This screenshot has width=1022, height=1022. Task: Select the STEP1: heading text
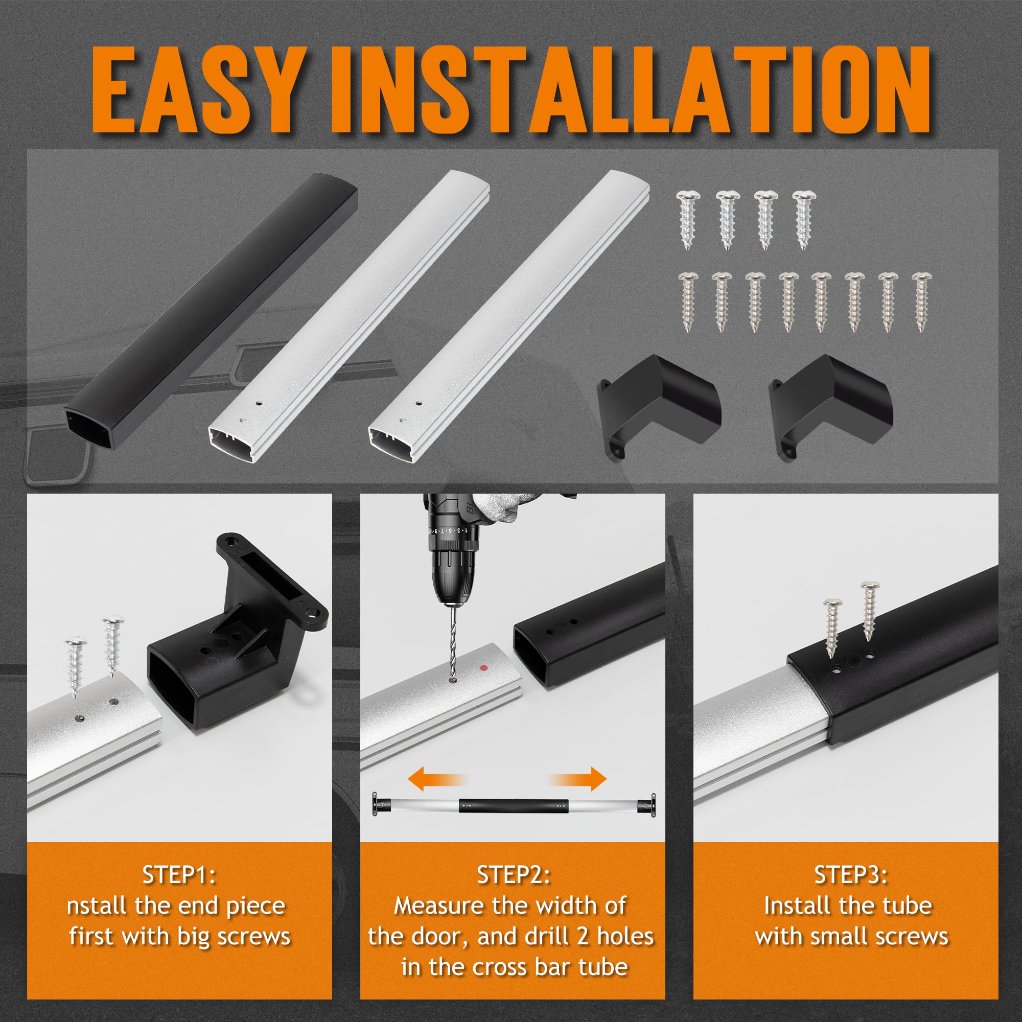tap(179, 874)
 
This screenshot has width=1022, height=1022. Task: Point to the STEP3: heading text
tap(851, 874)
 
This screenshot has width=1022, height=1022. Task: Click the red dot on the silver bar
tap(483, 668)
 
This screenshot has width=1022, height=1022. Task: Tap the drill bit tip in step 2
tap(452, 679)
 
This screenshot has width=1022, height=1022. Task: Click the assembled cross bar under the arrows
tap(514, 809)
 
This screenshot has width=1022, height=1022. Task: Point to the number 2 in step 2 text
tap(584, 936)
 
